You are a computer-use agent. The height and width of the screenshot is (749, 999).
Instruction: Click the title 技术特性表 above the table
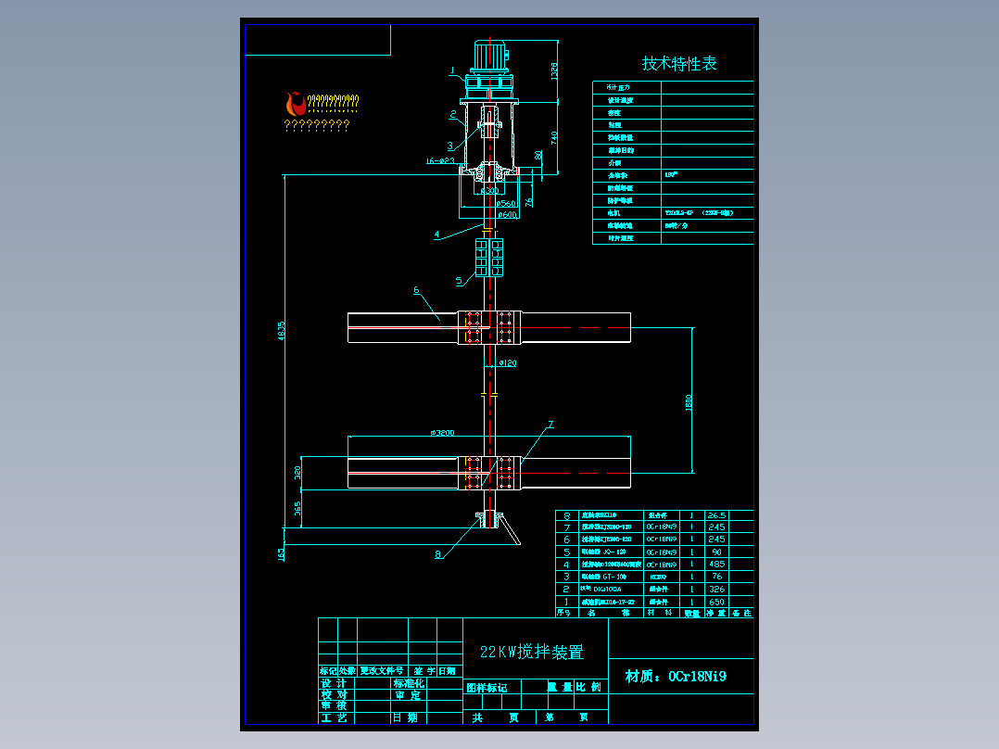pos(679,63)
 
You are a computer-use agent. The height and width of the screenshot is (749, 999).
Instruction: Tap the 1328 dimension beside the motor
pos(555,70)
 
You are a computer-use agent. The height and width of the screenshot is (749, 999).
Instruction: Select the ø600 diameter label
pos(507,215)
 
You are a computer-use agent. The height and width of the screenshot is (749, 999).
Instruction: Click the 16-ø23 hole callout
pos(440,160)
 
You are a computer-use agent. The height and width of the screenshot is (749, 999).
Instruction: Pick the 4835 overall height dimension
pos(282,331)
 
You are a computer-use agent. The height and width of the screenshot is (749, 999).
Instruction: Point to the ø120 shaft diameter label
pos(507,362)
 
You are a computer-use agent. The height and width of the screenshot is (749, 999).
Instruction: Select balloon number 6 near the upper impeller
pos(416,290)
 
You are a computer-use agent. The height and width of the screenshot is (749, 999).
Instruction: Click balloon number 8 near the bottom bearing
pos(438,555)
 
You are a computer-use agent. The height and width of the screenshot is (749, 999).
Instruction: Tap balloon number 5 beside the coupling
pos(458,280)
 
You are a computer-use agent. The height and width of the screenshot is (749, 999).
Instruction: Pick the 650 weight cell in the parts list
pos(716,602)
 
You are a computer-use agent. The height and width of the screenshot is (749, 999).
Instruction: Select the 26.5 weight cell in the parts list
pos(716,514)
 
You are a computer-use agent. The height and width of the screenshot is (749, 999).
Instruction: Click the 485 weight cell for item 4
pos(716,564)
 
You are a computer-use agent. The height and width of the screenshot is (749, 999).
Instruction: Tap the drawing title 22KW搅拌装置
pos(531,652)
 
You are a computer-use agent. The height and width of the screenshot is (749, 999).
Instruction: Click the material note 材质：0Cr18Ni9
pos(676,676)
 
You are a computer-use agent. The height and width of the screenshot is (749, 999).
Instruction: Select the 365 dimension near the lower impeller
pos(297,509)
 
